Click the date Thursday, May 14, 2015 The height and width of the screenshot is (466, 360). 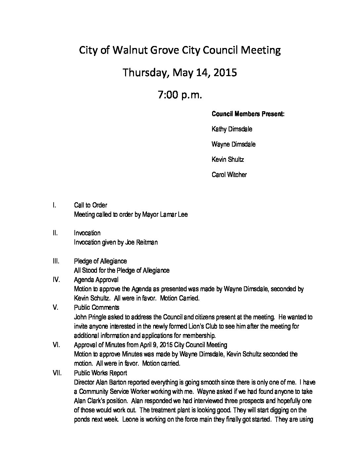180,72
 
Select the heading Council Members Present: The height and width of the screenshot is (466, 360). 248,114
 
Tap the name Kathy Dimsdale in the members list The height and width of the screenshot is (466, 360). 232,129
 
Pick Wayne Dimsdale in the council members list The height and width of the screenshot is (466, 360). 233,144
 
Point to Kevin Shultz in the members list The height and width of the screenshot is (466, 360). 228,160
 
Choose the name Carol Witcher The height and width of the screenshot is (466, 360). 229,175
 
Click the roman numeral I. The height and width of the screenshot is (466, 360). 54,205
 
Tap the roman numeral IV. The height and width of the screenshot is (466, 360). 56,280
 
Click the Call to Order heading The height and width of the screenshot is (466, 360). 90,205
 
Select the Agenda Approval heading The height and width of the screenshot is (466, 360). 96,280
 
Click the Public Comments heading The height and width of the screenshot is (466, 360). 97,307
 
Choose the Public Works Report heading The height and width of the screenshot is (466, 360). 100,373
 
